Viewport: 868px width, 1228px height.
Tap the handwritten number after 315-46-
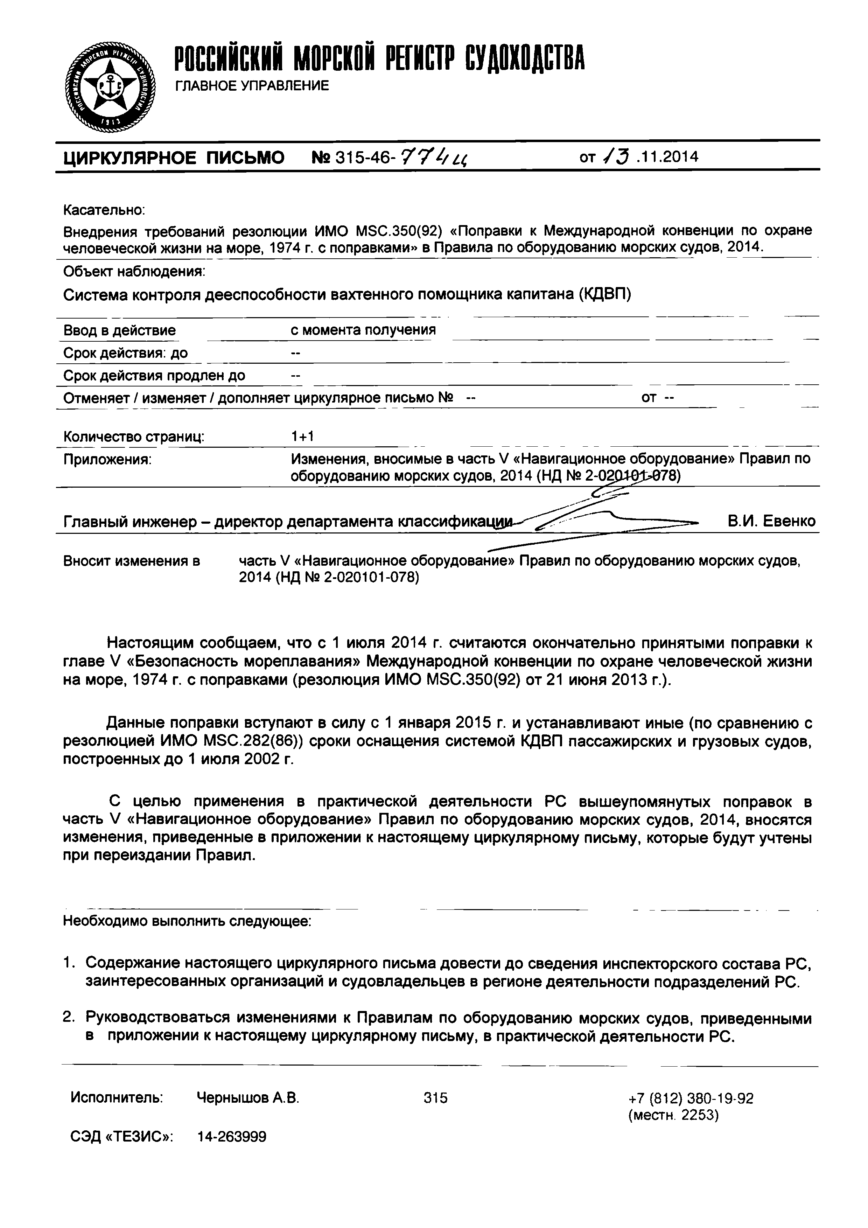[435, 157]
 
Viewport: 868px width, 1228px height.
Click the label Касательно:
[104, 210]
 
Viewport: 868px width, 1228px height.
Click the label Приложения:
[107, 459]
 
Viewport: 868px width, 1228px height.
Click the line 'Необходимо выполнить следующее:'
[187, 921]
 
